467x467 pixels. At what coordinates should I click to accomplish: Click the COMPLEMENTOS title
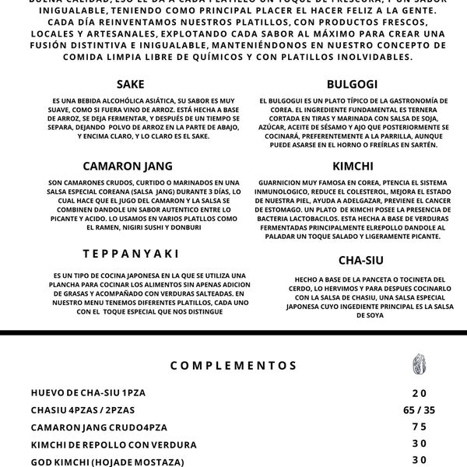pos(233,364)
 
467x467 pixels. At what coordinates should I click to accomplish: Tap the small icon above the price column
pos(420,364)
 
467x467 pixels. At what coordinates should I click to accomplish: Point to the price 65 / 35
pos(420,409)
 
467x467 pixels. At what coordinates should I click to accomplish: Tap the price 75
pos(420,427)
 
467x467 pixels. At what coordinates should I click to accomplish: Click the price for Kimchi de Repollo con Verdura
pos(420,444)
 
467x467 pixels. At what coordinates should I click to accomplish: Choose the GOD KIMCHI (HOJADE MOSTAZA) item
pos(108,462)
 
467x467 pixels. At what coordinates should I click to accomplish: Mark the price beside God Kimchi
pos(420,461)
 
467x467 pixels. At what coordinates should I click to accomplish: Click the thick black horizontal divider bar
pos(233,332)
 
